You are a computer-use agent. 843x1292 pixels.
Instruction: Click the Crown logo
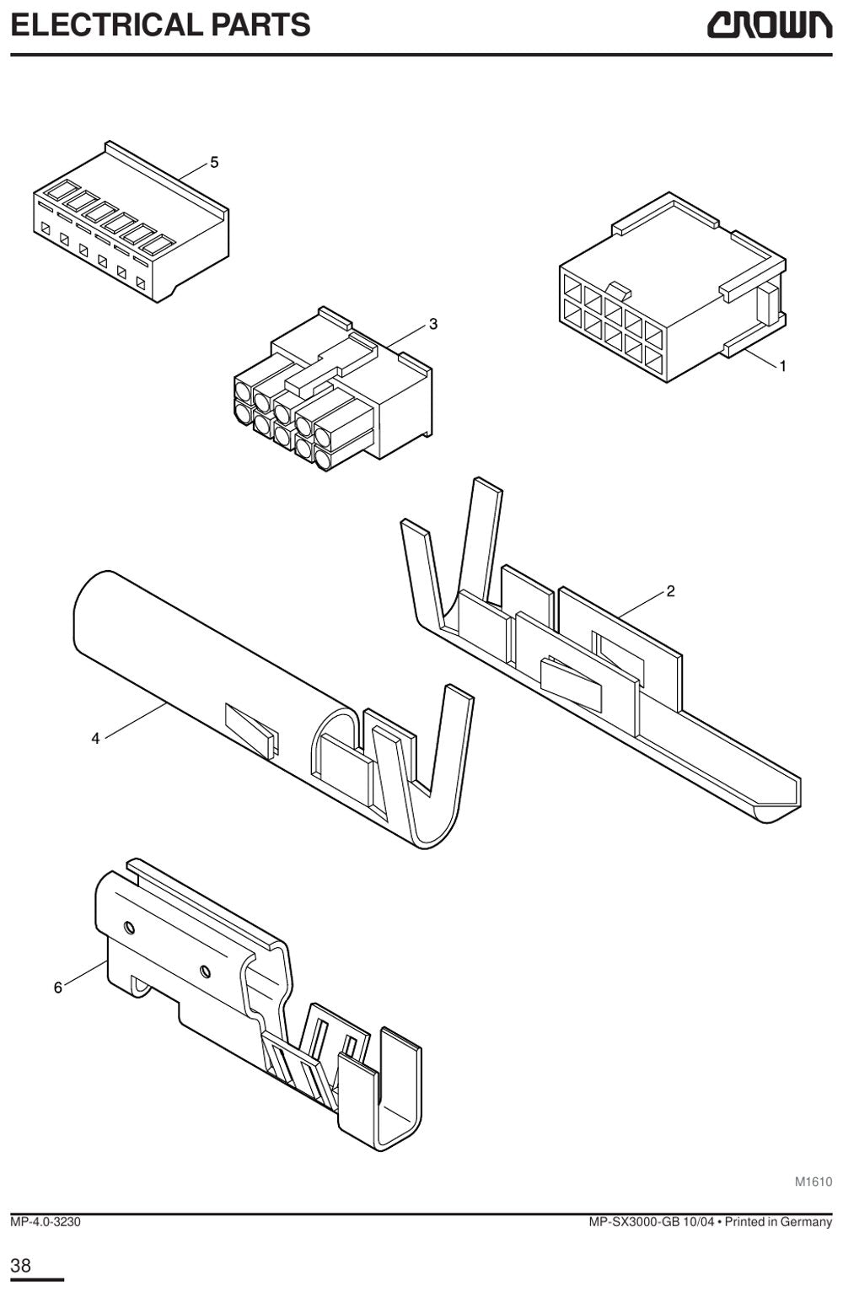pyautogui.click(x=769, y=26)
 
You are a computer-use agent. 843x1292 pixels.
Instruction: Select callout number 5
pyautogui.click(x=214, y=163)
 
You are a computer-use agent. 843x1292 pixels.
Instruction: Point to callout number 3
pyautogui.click(x=433, y=324)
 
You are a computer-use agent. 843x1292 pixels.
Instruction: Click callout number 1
pyautogui.click(x=782, y=366)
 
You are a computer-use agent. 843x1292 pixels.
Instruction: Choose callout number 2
pyautogui.click(x=670, y=591)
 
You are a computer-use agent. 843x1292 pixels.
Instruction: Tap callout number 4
pyautogui.click(x=96, y=738)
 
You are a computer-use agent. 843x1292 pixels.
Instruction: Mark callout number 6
pyautogui.click(x=57, y=988)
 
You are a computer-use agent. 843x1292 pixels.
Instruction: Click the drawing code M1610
pyautogui.click(x=813, y=1192)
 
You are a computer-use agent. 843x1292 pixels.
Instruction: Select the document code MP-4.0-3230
pyautogui.click(x=46, y=1222)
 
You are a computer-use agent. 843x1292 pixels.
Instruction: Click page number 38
pyautogui.click(x=21, y=1266)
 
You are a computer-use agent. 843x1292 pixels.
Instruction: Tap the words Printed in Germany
pyautogui.click(x=778, y=1222)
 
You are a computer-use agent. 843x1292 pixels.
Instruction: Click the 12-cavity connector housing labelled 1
pyautogui.click(x=672, y=288)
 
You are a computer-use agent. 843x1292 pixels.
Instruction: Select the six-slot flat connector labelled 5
pyautogui.click(x=131, y=222)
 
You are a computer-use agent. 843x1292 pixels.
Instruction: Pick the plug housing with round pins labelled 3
pyautogui.click(x=333, y=389)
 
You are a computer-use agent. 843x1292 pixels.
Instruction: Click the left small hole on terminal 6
pyautogui.click(x=130, y=928)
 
